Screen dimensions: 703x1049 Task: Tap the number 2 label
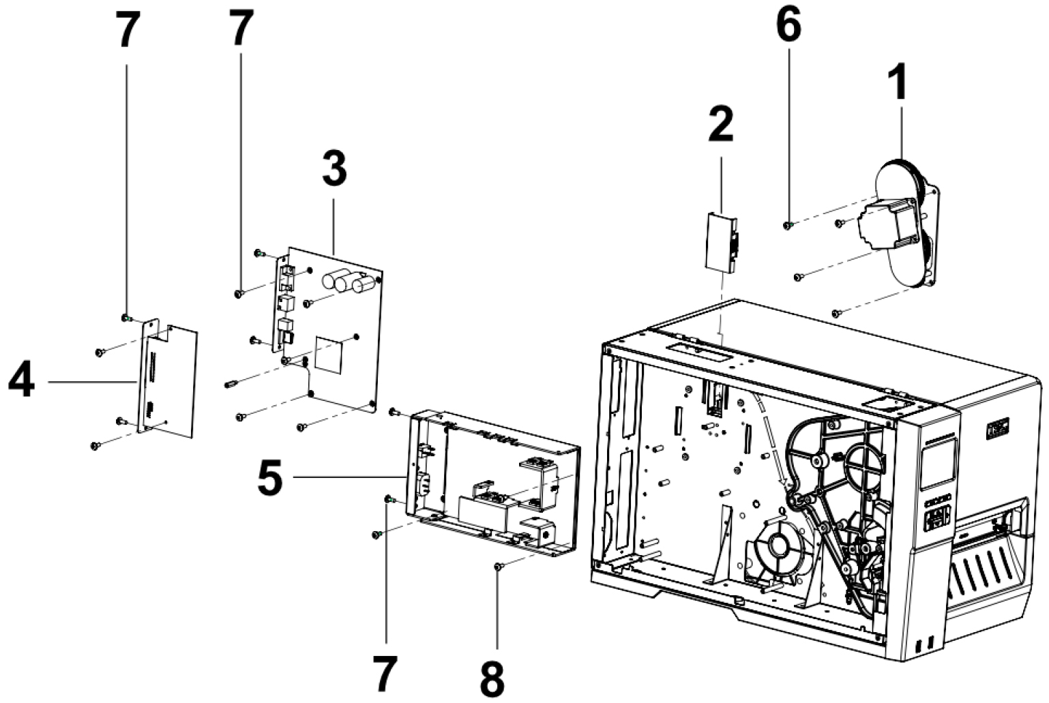click(x=720, y=125)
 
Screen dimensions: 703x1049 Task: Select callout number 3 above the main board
click(x=334, y=169)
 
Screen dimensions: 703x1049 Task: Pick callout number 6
click(x=788, y=27)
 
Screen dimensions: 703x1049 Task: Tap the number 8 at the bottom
click(x=492, y=676)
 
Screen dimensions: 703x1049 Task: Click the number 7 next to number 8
click(x=385, y=674)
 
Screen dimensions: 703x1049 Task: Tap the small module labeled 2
click(x=722, y=242)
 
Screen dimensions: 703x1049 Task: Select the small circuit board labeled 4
click(x=168, y=379)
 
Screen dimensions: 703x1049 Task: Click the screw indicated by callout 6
click(x=787, y=224)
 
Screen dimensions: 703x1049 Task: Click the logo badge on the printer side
click(x=997, y=430)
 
